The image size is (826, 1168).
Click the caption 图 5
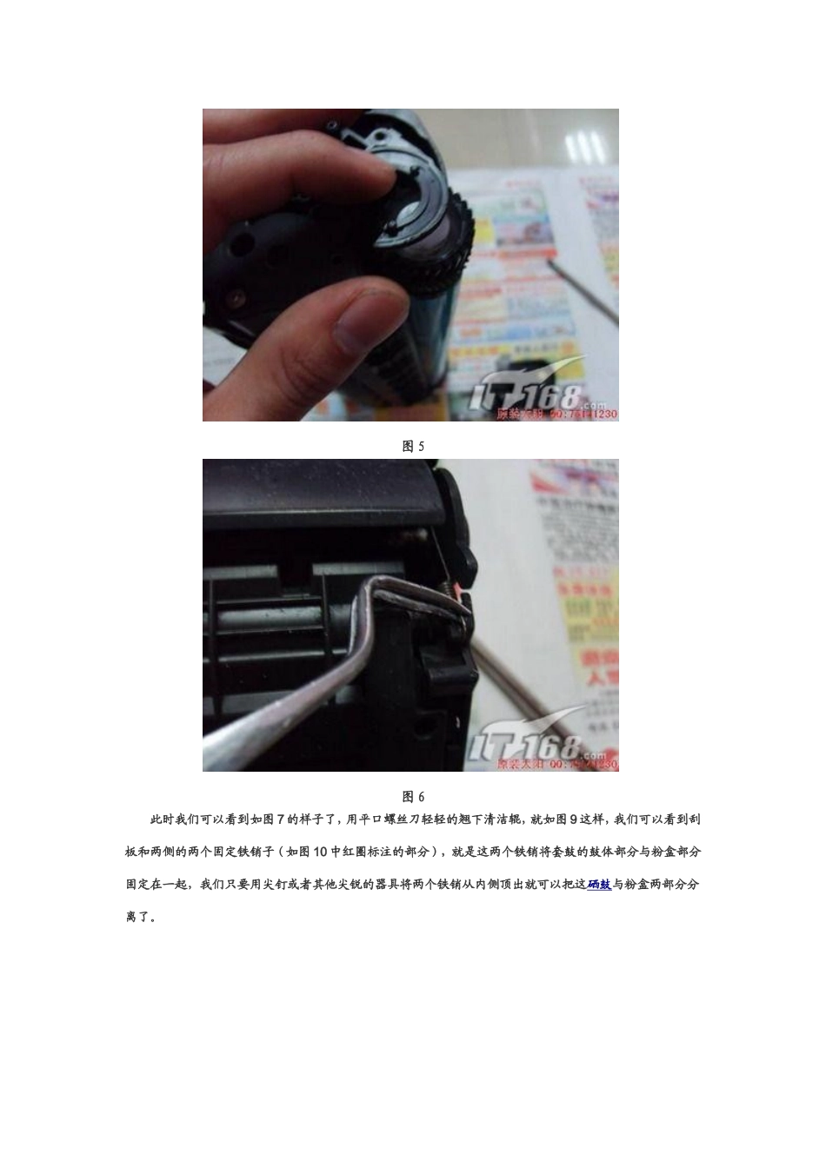click(413, 447)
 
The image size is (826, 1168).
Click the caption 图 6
click(413, 797)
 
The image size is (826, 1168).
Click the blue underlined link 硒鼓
click(599, 885)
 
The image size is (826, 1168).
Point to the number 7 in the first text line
click(280, 819)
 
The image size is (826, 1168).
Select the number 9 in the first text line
click(573, 819)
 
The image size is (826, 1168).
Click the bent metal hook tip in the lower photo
click(461, 613)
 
